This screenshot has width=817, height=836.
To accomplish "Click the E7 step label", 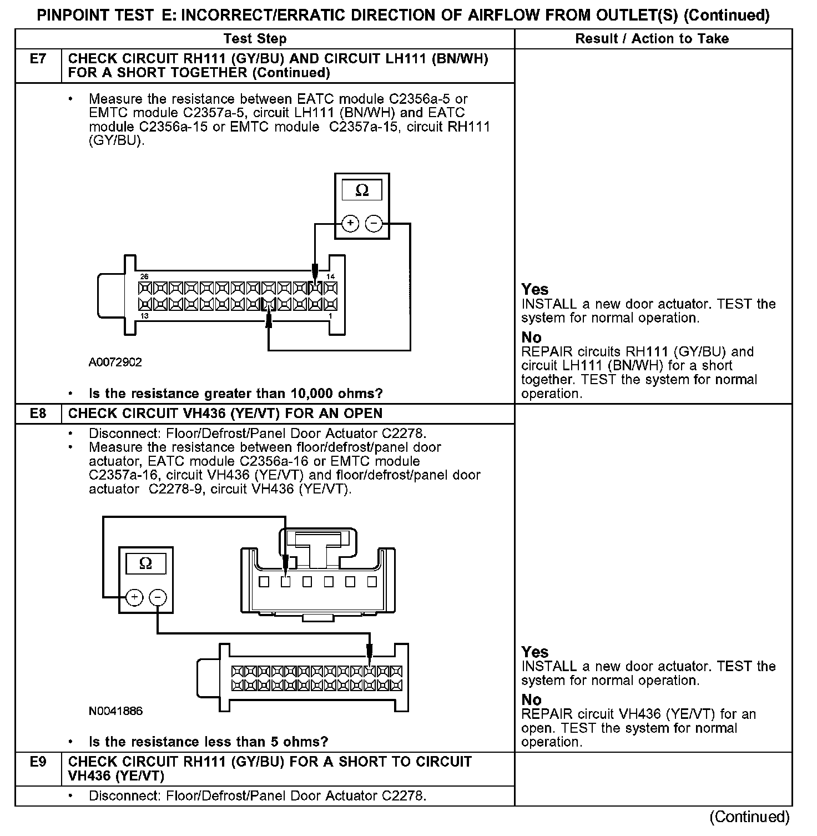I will click(x=38, y=59).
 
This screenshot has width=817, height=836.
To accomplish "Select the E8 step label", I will click(x=38, y=414).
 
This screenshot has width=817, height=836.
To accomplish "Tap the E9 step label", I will click(x=38, y=762).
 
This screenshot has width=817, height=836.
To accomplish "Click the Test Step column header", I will click(x=255, y=39).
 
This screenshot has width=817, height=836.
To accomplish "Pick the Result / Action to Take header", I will click(x=652, y=39).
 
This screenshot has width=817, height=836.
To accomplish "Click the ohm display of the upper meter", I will click(x=361, y=190).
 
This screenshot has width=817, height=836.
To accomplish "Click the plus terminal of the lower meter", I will click(x=134, y=597).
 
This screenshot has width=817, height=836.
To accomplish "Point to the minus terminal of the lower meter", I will click(x=158, y=597).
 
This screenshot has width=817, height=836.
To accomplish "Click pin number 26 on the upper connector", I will click(x=144, y=276).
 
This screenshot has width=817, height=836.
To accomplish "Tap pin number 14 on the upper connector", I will click(x=330, y=276).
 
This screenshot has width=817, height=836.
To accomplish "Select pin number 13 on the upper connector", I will click(x=144, y=316).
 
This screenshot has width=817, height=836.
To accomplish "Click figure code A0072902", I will click(x=115, y=362).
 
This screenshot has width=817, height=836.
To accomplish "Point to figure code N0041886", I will click(x=115, y=711).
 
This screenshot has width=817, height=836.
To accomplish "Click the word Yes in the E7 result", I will click(x=534, y=289).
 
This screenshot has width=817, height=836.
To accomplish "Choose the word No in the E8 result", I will click(x=531, y=699).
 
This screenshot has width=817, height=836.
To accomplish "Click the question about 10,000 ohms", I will click(x=235, y=394).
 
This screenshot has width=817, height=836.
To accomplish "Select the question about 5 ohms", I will click(x=208, y=742).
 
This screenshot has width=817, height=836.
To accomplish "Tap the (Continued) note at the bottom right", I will click(x=749, y=817).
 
